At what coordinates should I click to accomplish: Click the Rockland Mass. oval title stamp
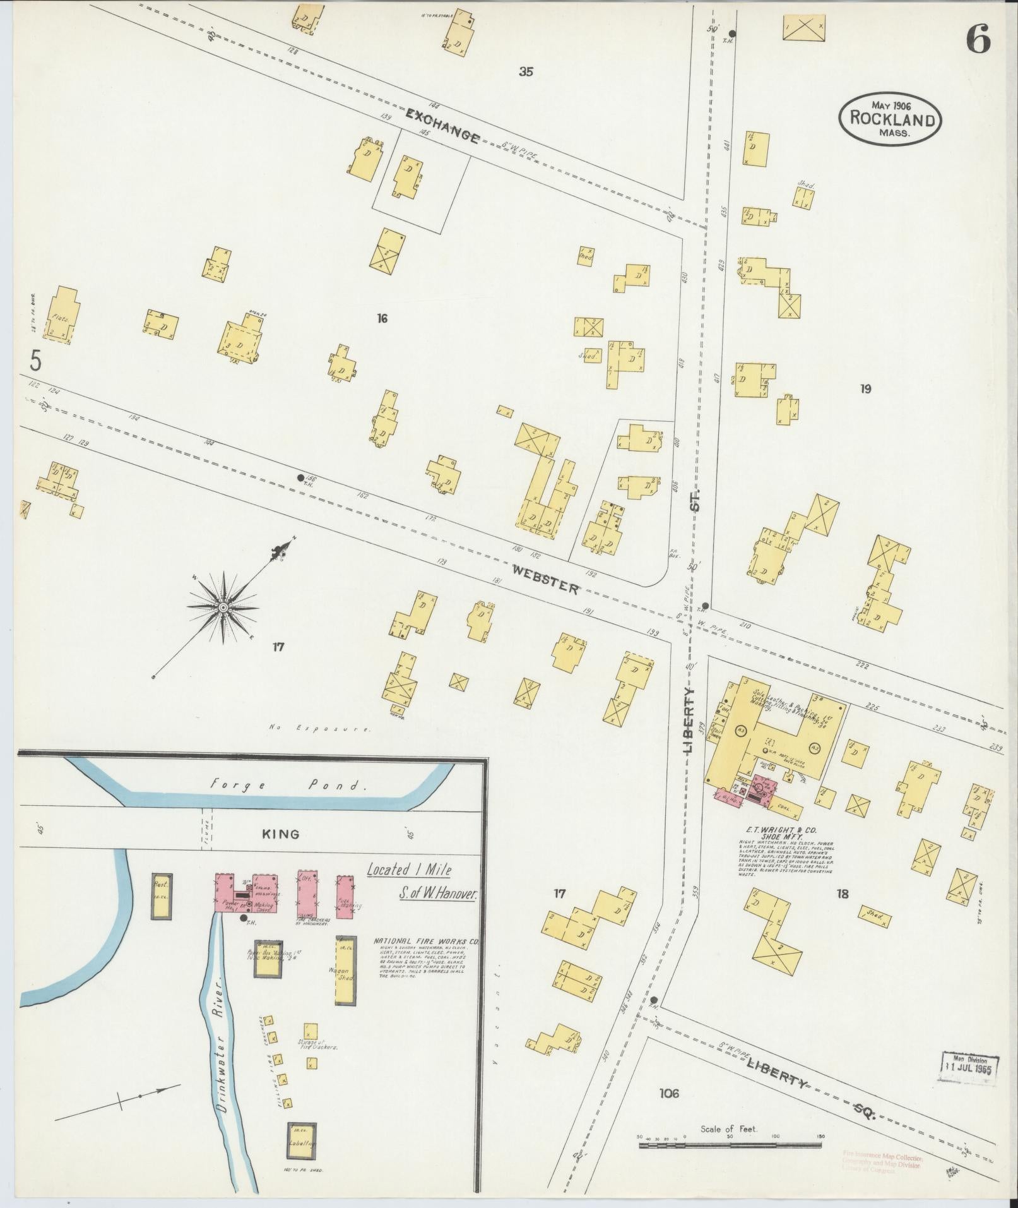click(890, 118)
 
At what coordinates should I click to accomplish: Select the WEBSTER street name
click(545, 579)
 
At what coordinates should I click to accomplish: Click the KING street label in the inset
click(280, 834)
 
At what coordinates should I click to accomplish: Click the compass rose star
click(222, 607)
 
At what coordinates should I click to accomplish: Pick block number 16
click(381, 319)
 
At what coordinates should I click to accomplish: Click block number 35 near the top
click(526, 72)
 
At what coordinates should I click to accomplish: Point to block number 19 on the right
click(865, 389)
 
